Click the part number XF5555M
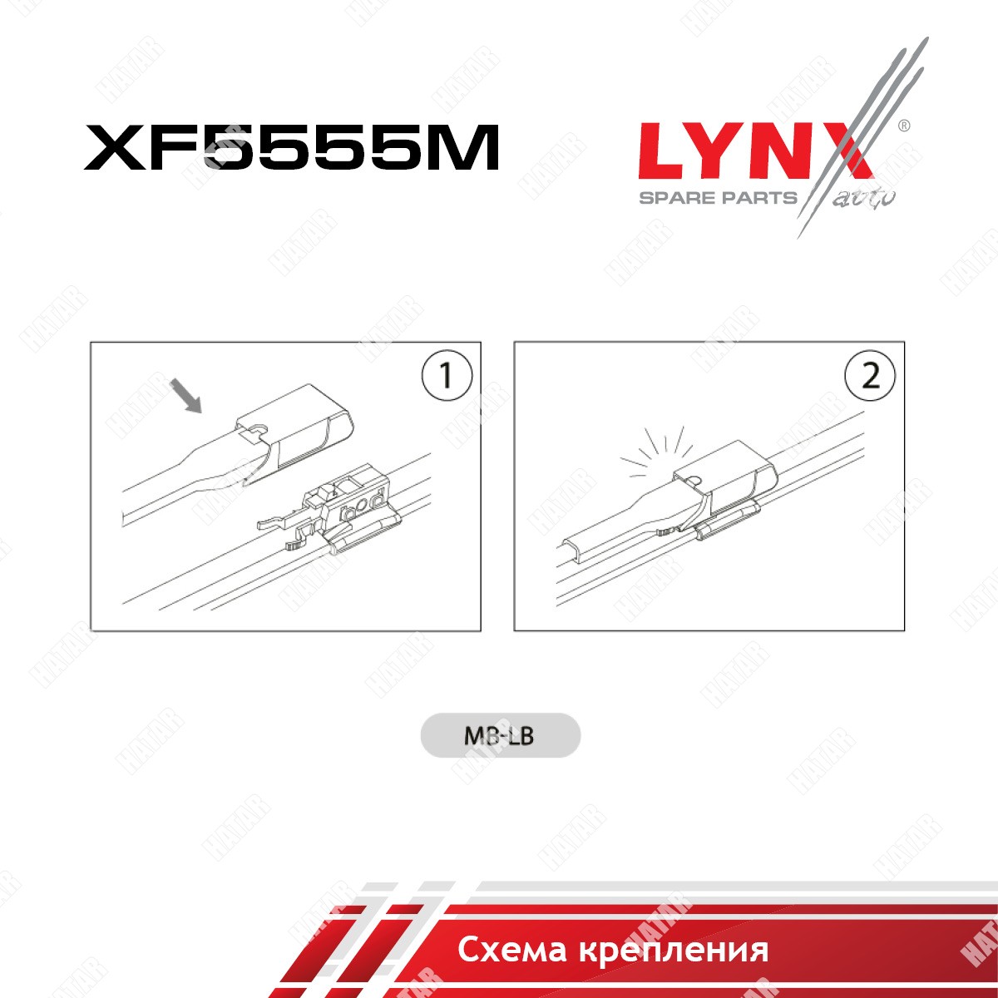(291, 147)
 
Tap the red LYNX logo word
(756, 151)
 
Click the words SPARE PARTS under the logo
(718, 198)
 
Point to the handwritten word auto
(864, 199)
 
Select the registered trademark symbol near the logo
(903, 126)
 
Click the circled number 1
(447, 375)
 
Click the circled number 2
(870, 375)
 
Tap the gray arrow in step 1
(186, 396)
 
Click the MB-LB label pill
(500, 736)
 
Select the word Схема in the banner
(511, 950)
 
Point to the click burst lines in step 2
(656, 451)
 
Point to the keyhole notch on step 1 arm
(257, 429)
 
